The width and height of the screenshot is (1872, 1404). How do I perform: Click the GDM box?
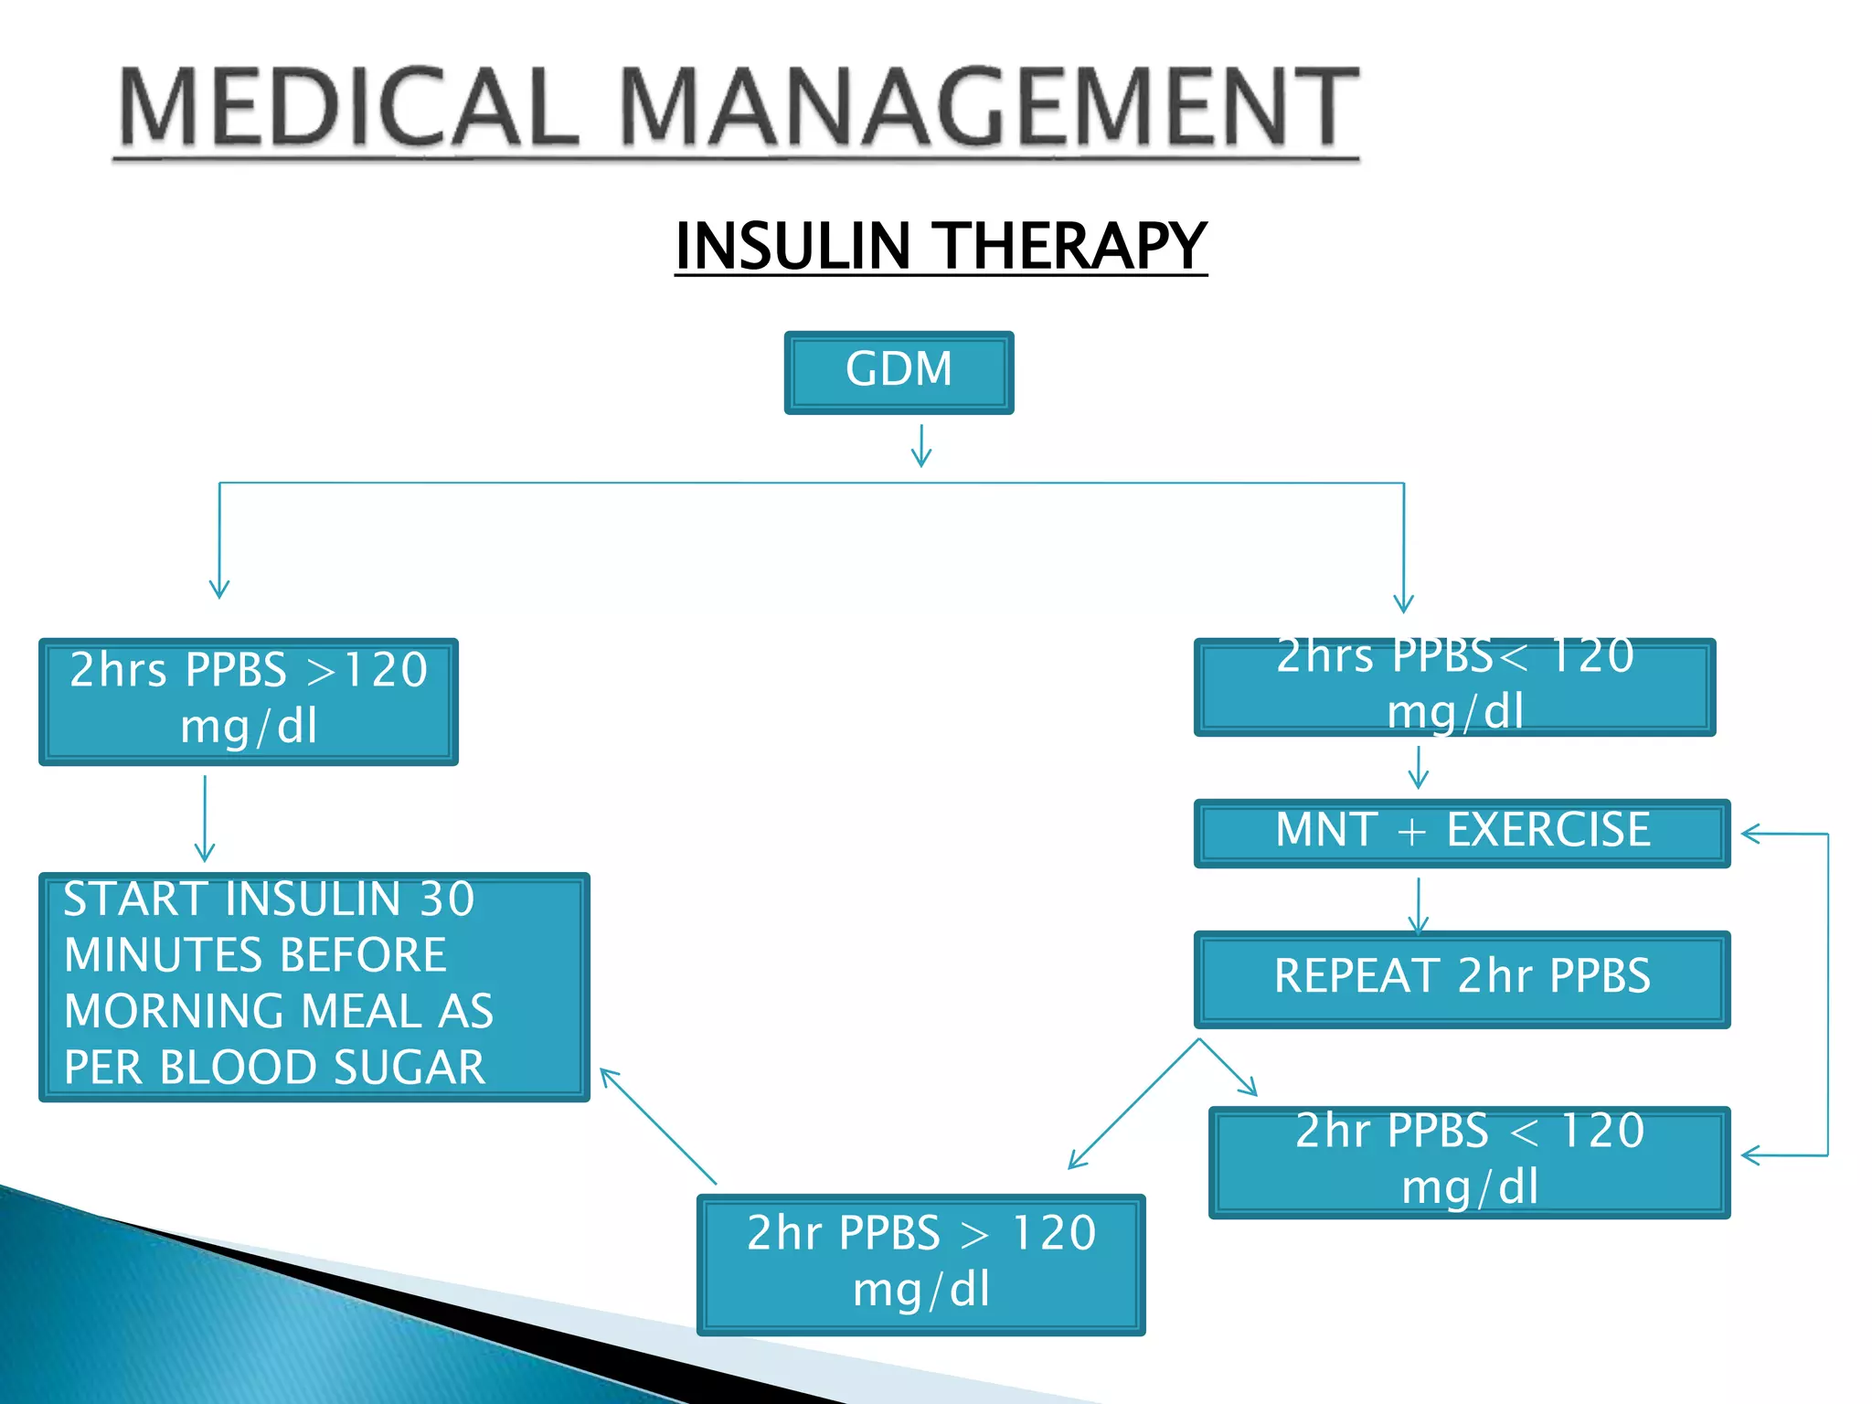coord(899,372)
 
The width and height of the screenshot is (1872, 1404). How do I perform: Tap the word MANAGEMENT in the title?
coord(991,108)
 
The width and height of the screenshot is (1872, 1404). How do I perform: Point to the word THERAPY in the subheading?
coord(1073,247)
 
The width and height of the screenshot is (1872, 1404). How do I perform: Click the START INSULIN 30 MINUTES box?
coord(314,985)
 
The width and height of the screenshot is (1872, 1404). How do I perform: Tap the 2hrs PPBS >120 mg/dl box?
coord(248,700)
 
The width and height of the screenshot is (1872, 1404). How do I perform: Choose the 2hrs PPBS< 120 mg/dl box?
coord(1453,686)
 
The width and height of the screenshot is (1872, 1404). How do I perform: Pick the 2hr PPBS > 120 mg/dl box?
coord(920,1263)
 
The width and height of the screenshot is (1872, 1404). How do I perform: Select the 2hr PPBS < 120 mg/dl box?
coord(1469,1161)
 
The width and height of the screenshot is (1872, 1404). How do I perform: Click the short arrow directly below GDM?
coord(921,445)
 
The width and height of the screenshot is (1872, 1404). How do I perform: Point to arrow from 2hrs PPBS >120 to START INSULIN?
coord(205,818)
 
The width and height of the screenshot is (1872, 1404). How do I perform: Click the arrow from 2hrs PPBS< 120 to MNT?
coord(1418,767)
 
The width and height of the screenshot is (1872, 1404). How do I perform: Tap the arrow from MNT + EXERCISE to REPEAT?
coord(1418,905)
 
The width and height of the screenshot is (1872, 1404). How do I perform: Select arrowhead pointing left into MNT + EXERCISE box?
coord(1751,834)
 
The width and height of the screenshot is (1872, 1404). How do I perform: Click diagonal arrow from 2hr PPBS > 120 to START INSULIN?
coord(657,1125)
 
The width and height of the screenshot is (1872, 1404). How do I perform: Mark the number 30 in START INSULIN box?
coord(447,899)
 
